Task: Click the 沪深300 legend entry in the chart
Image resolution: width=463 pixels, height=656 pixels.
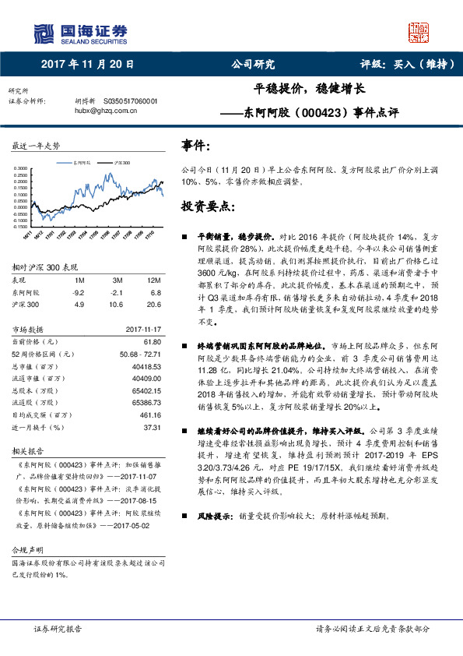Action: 121,163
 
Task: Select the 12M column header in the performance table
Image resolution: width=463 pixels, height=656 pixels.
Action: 153,280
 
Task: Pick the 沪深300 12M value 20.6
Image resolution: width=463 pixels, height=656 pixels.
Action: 153,305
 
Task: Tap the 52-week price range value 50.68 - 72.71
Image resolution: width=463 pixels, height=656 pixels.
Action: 141,354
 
